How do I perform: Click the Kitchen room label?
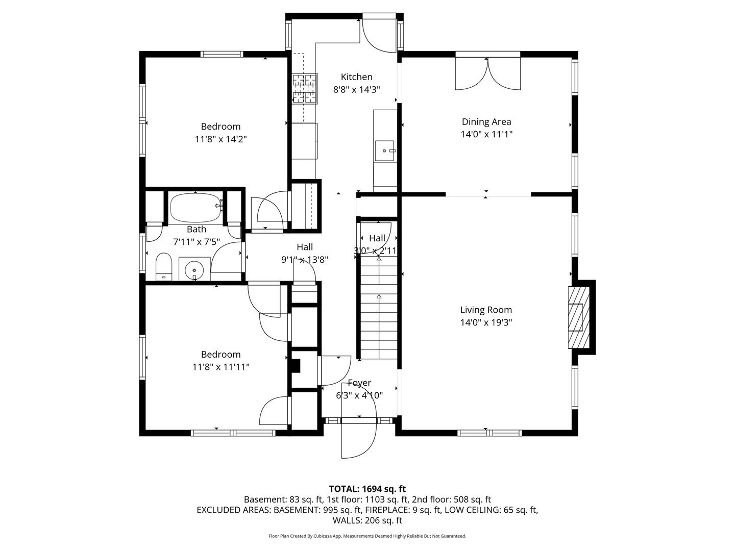click(356, 77)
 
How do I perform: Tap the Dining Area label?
click(486, 122)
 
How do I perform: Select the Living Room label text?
click(486, 310)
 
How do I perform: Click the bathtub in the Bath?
click(196, 208)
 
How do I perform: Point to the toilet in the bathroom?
click(164, 267)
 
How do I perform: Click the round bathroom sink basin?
click(194, 269)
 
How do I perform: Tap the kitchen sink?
click(384, 151)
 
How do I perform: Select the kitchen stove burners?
click(304, 88)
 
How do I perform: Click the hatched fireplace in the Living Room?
click(579, 317)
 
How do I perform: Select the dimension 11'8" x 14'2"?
click(220, 139)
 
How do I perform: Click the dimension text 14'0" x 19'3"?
click(486, 322)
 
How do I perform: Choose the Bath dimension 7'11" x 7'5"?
click(197, 242)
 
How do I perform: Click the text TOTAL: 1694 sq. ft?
click(367, 489)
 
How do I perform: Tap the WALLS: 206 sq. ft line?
click(367, 520)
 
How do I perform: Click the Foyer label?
click(359, 383)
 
